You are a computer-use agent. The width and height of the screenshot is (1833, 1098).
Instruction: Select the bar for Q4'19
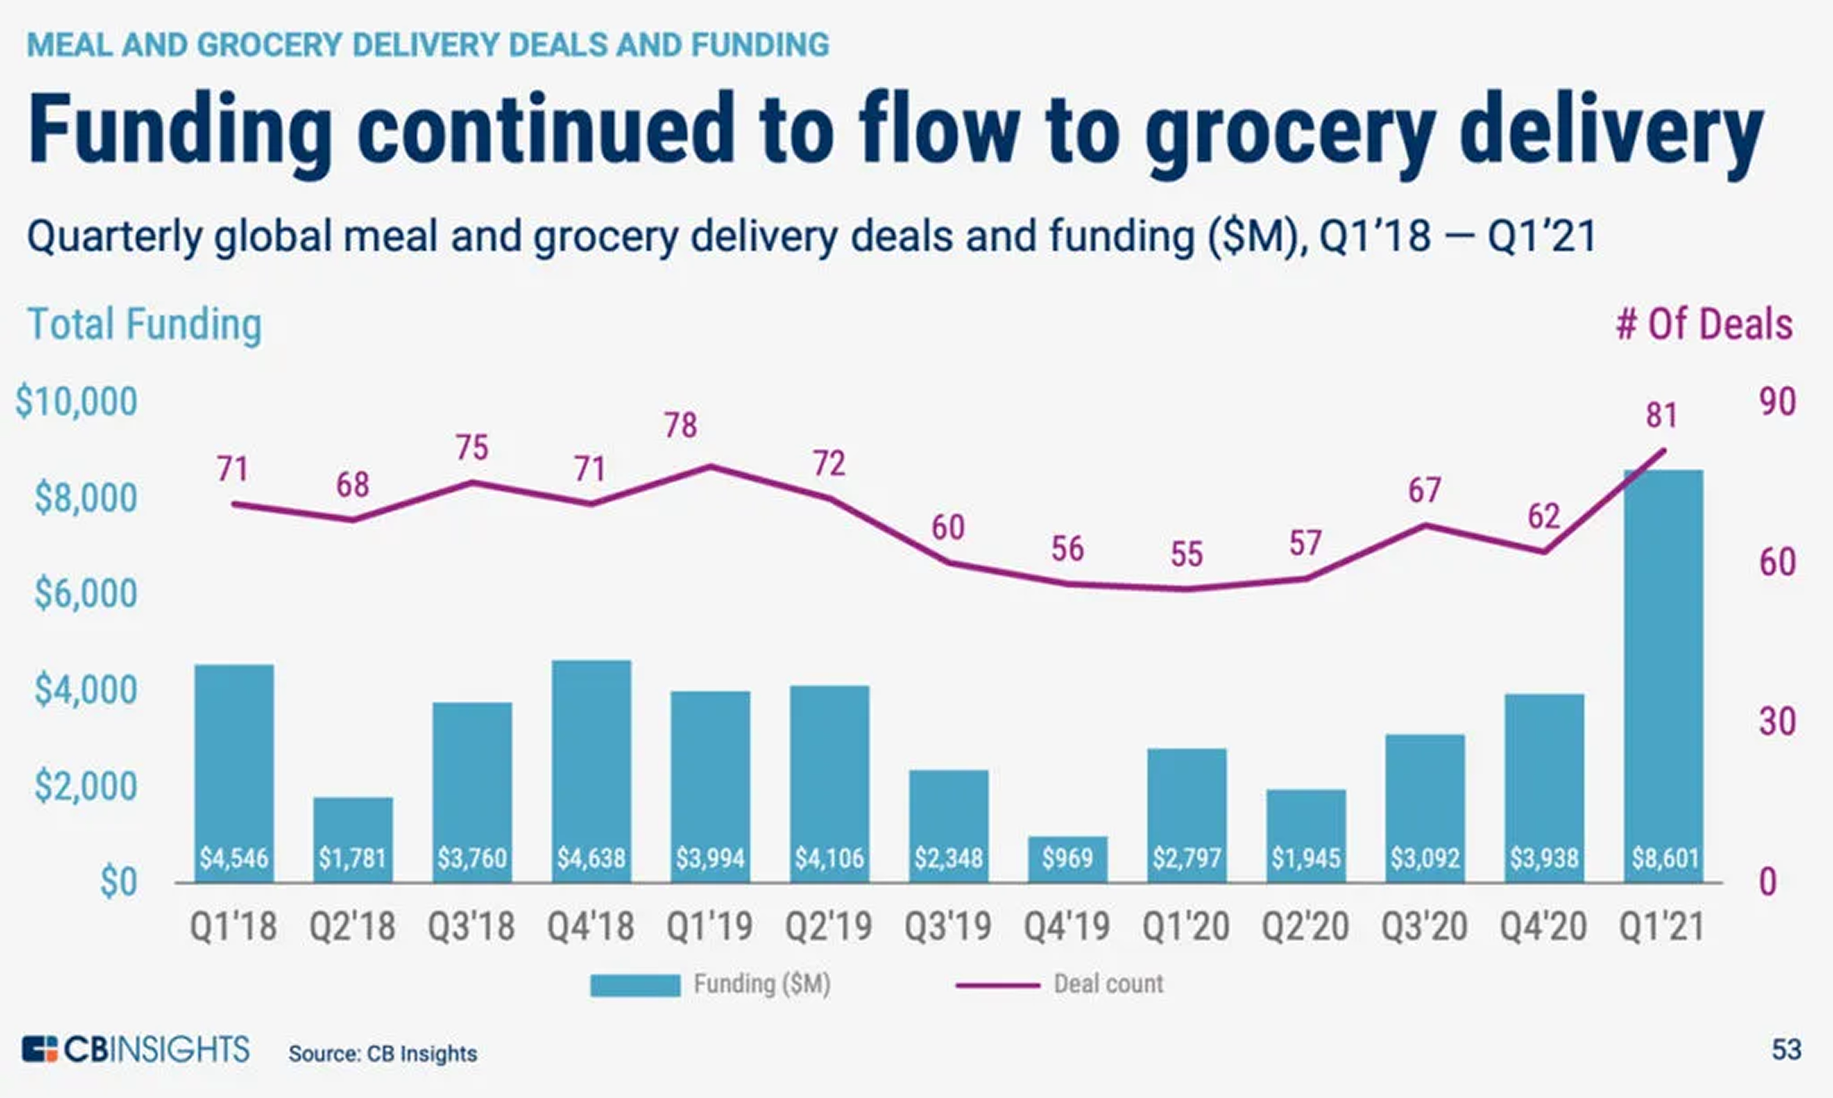1067,858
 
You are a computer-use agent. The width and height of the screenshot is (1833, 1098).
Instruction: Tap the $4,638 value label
591,858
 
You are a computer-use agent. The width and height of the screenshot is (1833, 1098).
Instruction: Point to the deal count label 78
680,425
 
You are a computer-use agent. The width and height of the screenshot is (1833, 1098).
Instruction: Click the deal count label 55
1186,555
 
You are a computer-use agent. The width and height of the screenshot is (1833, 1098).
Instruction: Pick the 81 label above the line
1661,415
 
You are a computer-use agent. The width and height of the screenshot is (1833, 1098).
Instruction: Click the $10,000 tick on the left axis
77,402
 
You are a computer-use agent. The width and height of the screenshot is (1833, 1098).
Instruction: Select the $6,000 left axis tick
86,594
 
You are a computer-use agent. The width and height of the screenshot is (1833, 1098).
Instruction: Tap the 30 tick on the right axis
1777,722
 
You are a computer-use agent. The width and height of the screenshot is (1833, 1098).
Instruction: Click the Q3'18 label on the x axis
471,926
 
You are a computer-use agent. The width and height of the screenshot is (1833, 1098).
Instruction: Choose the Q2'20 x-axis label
1305,926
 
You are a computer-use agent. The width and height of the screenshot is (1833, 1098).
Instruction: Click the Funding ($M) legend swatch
634,985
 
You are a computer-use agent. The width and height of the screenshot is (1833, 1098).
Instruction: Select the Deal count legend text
1108,984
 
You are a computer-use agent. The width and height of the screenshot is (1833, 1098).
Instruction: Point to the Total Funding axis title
145,325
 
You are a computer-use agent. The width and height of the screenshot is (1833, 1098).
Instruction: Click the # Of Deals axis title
1705,325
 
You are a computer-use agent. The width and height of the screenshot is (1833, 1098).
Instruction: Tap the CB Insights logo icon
39,1050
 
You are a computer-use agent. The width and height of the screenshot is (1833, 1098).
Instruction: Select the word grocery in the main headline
1290,132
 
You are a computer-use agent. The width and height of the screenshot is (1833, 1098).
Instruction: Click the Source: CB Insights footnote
382,1053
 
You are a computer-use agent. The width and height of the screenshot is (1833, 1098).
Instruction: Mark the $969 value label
1067,858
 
